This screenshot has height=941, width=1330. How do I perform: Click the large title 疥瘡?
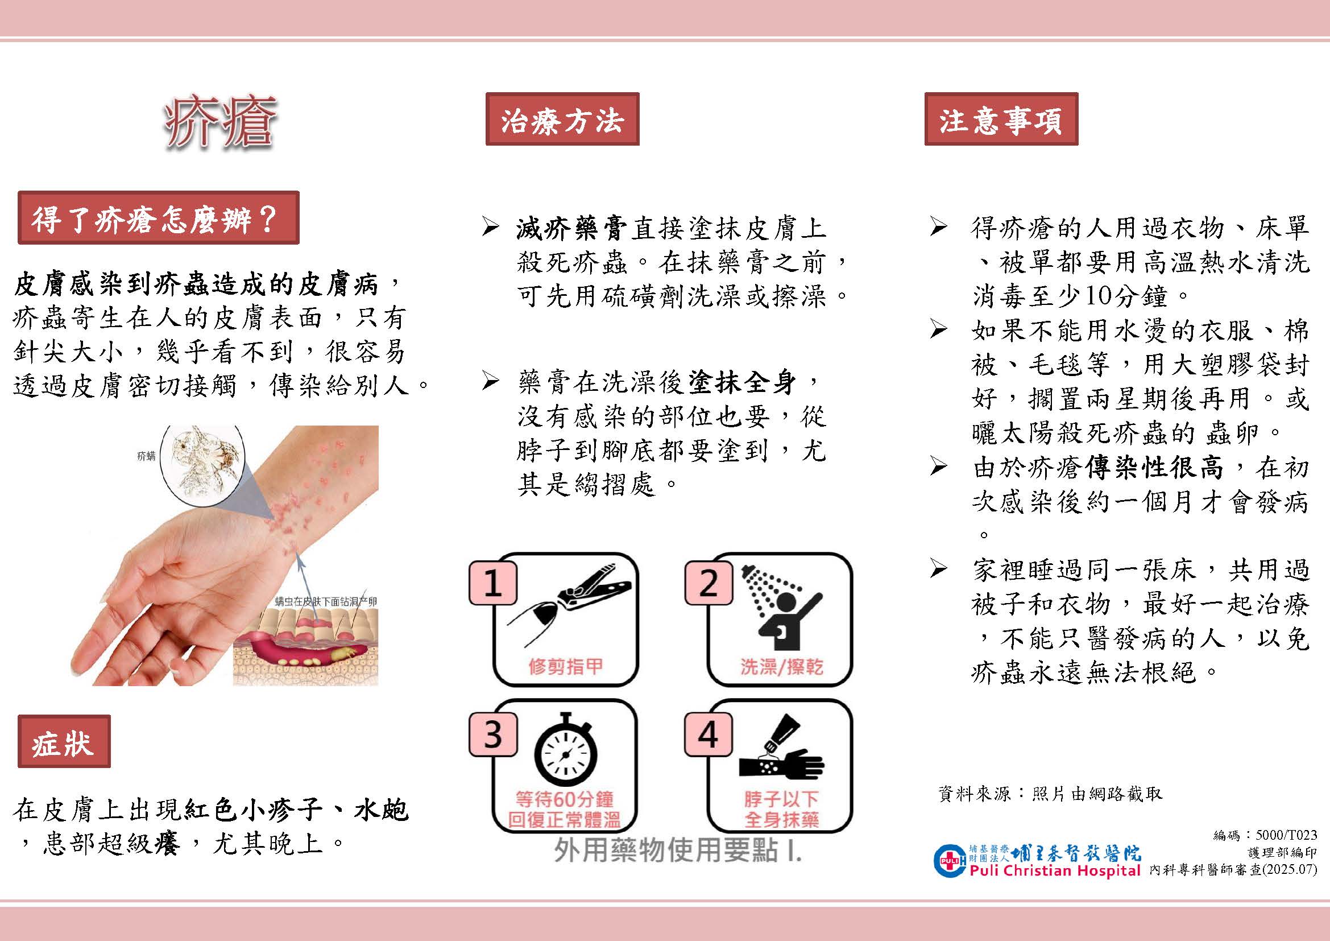(219, 123)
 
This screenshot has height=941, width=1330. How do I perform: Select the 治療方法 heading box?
(562, 119)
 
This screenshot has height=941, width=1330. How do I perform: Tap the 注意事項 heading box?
(1001, 119)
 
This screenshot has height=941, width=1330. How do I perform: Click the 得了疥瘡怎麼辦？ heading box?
(158, 217)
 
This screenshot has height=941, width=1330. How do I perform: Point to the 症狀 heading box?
(64, 741)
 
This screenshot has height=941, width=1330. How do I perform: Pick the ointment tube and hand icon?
(781, 748)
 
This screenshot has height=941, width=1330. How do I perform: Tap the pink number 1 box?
(492, 583)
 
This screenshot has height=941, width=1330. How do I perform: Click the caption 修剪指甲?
(565, 666)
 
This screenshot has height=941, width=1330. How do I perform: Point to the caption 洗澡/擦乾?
(781, 667)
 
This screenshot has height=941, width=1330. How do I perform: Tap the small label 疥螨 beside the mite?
(146, 457)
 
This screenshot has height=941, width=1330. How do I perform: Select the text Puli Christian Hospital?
(1054, 870)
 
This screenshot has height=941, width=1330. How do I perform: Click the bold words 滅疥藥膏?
(571, 229)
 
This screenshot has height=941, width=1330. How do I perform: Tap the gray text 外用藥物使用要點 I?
(677, 850)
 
